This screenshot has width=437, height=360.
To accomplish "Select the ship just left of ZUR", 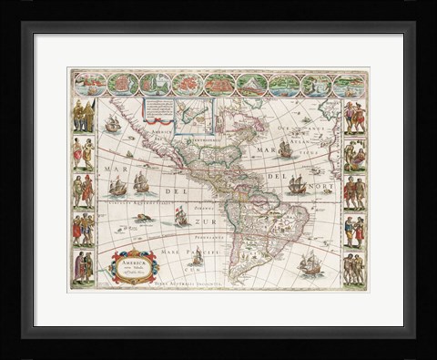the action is pos(181,217).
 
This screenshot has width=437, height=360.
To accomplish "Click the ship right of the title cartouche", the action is pos(196,258).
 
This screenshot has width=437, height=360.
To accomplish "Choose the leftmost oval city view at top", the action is pos(89,85).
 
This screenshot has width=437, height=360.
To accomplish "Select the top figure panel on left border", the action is pos(83,117).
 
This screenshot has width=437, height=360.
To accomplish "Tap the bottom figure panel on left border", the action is pos(83,268).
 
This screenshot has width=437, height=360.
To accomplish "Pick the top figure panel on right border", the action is pos(354,117).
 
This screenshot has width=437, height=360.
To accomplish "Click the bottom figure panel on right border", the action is pos(354,268).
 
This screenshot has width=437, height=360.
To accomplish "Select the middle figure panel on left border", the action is pos(83,192).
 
